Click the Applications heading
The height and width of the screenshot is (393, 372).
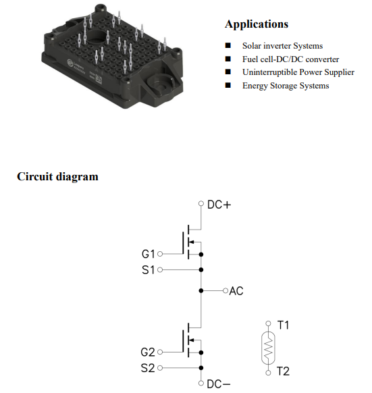pos(257,24)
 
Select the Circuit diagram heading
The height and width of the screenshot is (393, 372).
pos(57,176)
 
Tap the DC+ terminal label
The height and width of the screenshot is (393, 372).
pos(219,205)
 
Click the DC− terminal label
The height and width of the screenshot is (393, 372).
pos(218,384)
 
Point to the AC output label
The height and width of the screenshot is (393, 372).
pos(236,291)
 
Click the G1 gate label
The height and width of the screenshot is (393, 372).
pos(149,254)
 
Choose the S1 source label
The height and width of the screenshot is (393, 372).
pos(149,270)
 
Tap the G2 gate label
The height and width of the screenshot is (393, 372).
pos(148,352)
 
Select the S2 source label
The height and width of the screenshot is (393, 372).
pos(148,368)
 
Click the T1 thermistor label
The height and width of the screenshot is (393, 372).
pos(284,325)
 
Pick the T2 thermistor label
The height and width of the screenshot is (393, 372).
pos(283,371)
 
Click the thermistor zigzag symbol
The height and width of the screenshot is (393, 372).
pos(268,348)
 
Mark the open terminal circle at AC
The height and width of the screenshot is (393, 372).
pos(225,291)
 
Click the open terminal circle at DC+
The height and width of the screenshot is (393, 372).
pos(201,203)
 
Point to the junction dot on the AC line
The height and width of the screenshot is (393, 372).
pos(201,291)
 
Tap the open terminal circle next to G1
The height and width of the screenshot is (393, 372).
pos(160,254)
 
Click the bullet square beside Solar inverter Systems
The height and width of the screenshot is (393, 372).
pos(228,45)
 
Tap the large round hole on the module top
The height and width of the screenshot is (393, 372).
pos(97,38)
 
